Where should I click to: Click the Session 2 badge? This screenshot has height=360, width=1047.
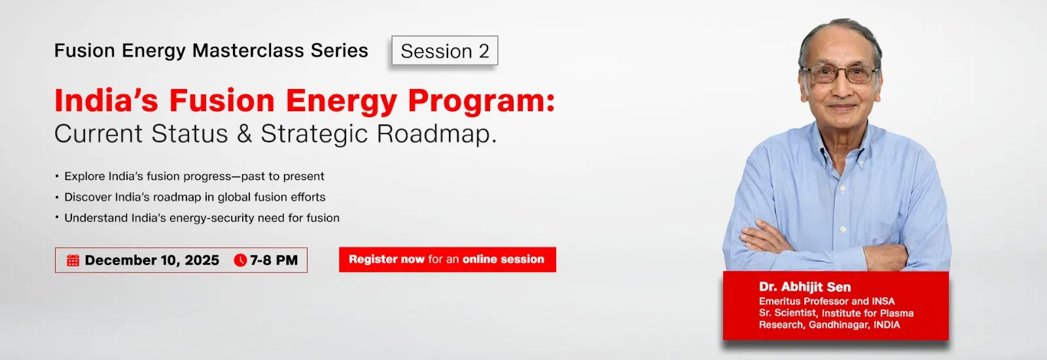(445, 50)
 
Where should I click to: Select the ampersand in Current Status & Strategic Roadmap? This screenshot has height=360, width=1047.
(245, 134)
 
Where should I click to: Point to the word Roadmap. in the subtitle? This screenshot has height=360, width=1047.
(436, 134)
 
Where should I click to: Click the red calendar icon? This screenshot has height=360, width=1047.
(73, 261)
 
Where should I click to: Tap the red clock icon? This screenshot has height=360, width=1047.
(240, 261)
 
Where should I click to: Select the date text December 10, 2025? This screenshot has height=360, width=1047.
(152, 261)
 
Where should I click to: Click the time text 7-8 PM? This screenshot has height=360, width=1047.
(274, 261)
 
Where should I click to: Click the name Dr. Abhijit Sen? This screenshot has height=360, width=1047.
(805, 287)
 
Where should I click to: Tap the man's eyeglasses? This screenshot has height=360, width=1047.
(840, 74)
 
